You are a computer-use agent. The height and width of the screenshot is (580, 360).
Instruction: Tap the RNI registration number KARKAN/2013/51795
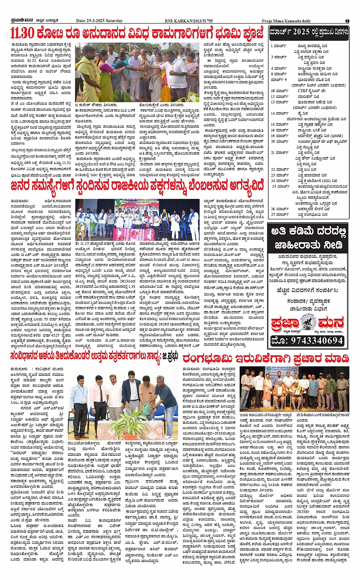pyautogui.click(x=194, y=21)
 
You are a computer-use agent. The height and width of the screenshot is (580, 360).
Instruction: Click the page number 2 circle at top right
pyautogui.click(x=347, y=21)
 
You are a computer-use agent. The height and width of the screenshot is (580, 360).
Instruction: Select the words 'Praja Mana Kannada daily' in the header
pyautogui.click(x=286, y=21)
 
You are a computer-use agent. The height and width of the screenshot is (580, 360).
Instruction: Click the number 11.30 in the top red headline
pyautogui.click(x=22, y=34)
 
